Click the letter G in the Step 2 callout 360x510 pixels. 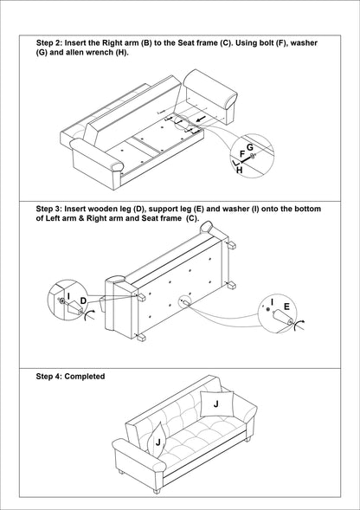250,148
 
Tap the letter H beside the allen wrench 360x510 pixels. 240,170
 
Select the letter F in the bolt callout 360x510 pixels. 242,154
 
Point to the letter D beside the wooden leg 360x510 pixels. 83,301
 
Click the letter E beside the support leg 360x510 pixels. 286,307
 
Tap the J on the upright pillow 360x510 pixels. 216,404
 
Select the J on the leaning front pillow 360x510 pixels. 158,442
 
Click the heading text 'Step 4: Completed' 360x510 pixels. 71,377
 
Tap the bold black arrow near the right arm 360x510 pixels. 201,119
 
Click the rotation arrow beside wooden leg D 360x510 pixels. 89,314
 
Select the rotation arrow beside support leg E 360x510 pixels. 299,325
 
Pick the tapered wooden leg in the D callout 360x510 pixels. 74,307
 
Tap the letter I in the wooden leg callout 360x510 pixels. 68,296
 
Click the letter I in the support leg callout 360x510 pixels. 273,302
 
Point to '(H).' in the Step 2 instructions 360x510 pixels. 122,52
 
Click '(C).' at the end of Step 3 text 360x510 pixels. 192,218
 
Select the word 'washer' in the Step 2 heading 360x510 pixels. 304,43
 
